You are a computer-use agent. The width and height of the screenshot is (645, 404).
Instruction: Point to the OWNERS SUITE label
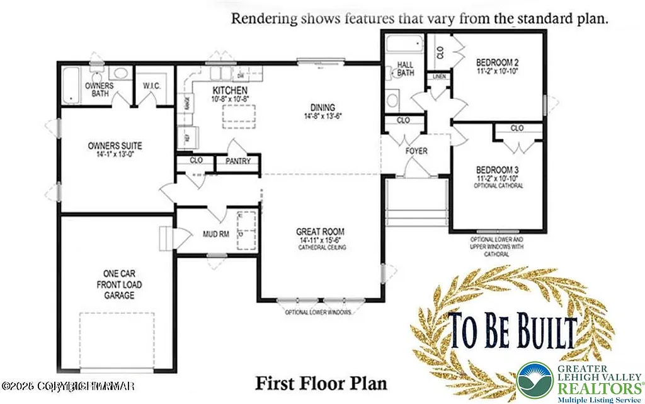[x=114, y=146]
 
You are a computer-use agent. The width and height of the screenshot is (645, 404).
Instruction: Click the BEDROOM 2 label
[x=497, y=62]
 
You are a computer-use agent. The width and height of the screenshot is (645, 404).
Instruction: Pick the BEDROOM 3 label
[x=497, y=170]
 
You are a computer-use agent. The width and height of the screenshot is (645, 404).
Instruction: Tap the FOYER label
[x=416, y=151]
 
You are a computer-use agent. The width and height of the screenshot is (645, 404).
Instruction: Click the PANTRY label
[x=239, y=161]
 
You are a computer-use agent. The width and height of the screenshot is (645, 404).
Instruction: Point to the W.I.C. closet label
[x=153, y=85]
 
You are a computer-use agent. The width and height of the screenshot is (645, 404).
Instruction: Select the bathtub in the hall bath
[x=404, y=45]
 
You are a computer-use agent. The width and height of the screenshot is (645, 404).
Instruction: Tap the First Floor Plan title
[x=321, y=383]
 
